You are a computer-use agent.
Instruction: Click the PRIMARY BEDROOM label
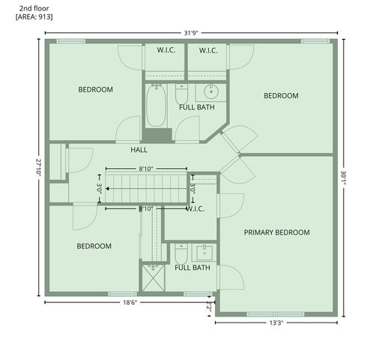[276, 232]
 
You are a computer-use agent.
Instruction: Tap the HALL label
[139, 150]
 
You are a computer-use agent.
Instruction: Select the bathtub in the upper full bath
[156, 106]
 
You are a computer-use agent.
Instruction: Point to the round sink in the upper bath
[210, 93]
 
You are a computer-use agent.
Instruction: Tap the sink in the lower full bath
[201, 250]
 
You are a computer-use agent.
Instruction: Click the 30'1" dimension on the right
[344, 177]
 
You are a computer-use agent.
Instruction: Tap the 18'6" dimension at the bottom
[130, 303]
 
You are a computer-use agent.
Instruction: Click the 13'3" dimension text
[276, 323]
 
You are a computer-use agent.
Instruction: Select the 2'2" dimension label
[209, 307]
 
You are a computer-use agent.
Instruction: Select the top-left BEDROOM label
[96, 90]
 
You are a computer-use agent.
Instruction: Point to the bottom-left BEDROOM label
[94, 246]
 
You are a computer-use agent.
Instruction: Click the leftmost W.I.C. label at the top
[166, 51]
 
